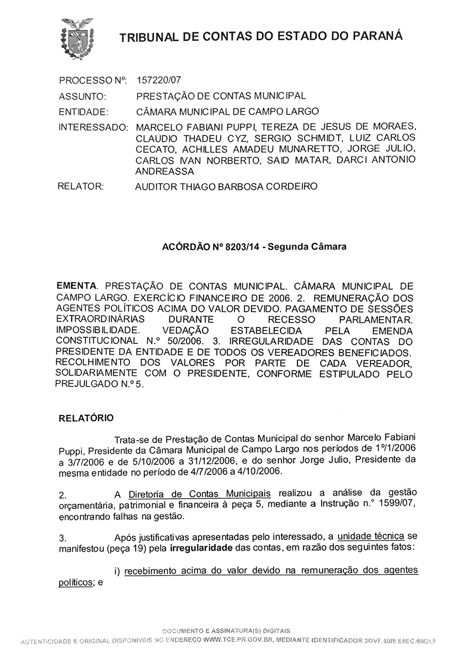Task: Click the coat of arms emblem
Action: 77,38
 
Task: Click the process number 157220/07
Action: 159,80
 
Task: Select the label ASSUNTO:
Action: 82,96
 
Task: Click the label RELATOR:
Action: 81,186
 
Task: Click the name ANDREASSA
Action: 164,171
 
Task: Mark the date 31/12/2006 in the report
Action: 211,460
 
